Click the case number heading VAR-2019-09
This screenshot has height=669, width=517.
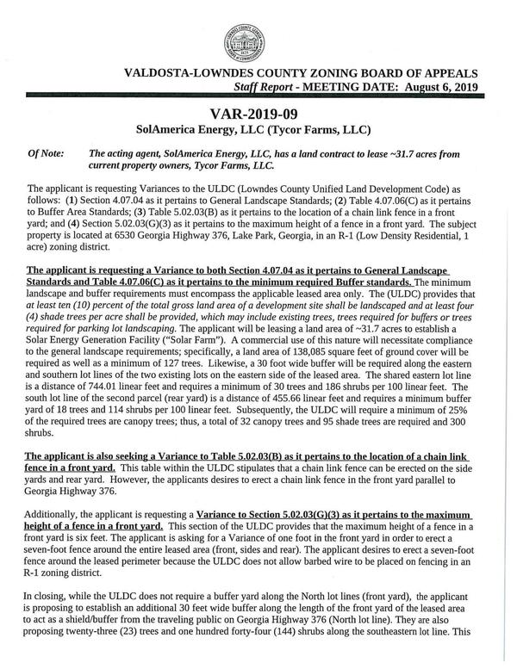[x=258, y=114]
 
